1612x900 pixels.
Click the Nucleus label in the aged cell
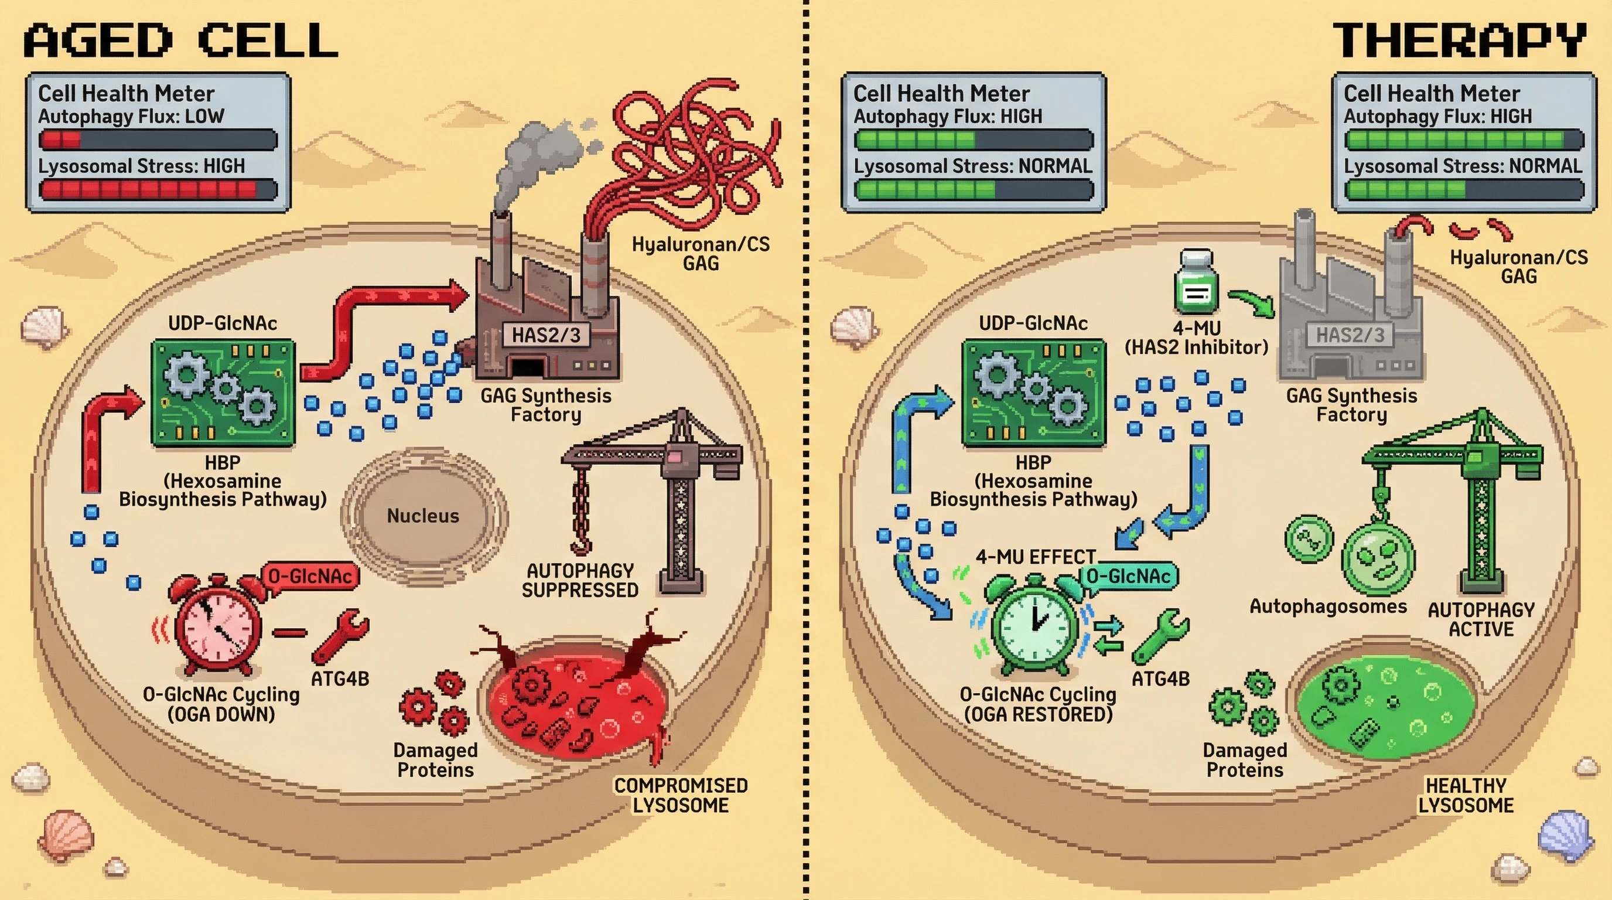click(422, 516)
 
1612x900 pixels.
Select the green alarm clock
click(1036, 626)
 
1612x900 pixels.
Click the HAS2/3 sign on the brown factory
click(546, 335)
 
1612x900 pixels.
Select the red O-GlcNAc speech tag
click(310, 576)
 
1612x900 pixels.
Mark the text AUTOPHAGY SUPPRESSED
click(580, 580)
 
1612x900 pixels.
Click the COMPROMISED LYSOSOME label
click(680, 795)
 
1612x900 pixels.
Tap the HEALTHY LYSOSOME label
click(1466, 795)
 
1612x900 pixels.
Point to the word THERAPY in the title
click(1459, 40)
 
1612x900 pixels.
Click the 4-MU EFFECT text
click(1036, 557)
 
